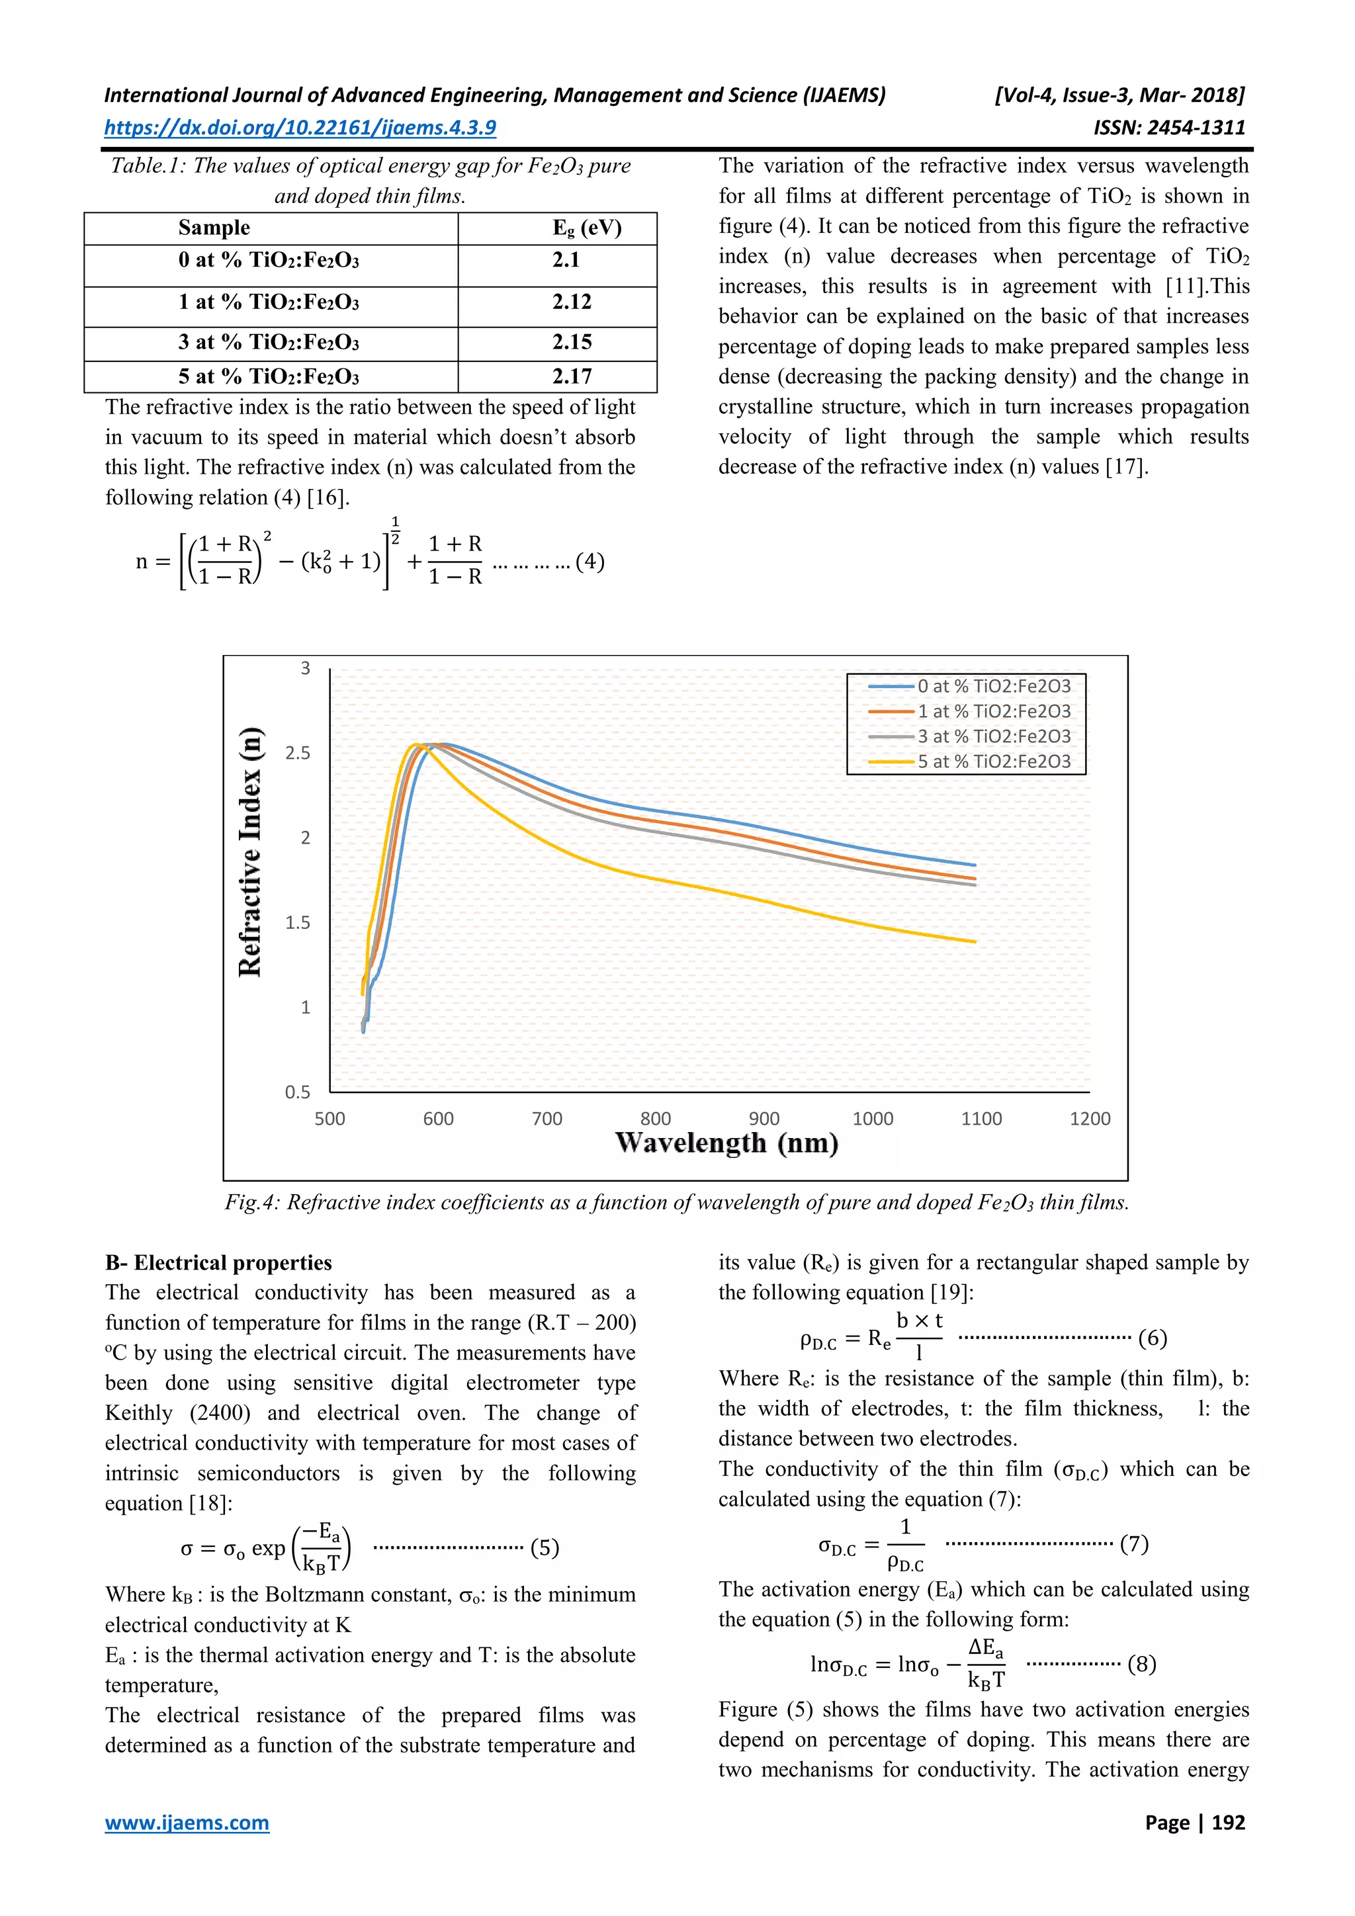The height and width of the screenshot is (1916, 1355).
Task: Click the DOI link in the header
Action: coord(300,128)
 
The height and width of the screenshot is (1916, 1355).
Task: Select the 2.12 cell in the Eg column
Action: coord(572,302)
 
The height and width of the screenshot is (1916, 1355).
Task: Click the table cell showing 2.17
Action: coord(572,376)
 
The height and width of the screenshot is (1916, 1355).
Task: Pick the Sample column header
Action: coord(214,228)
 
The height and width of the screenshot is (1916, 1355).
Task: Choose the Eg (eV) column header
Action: coord(587,228)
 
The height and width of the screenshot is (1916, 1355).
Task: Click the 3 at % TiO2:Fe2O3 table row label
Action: coord(269,342)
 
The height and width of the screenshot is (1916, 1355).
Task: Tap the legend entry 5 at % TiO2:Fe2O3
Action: coord(994,761)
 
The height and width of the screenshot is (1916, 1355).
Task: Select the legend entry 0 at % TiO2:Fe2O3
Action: coord(994,686)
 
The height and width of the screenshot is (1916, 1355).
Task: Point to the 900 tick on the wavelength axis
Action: coord(764,1118)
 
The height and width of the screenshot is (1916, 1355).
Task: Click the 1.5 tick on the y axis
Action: coord(298,922)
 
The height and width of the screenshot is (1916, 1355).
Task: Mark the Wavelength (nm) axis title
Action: coord(726,1143)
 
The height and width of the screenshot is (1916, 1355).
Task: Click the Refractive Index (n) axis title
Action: coord(250,852)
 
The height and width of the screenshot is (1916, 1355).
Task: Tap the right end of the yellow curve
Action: coord(974,941)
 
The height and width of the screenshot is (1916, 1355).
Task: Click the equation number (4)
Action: coord(590,562)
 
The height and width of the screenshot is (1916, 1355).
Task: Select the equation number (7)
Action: coord(1134,1544)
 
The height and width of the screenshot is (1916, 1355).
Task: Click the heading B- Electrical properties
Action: coord(218,1262)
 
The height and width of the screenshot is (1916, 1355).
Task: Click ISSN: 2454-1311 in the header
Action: coord(1169,128)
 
